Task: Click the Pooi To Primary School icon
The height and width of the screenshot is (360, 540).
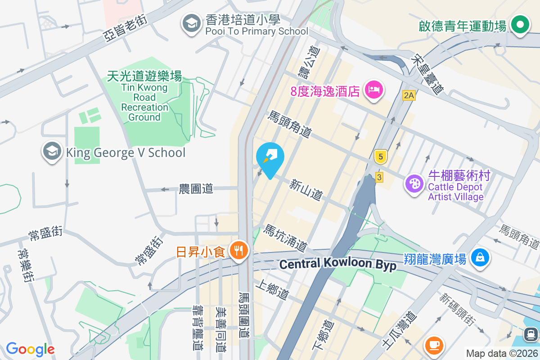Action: click(191, 24)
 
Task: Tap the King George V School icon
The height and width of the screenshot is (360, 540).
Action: click(52, 152)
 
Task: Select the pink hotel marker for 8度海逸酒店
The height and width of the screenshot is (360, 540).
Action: click(374, 90)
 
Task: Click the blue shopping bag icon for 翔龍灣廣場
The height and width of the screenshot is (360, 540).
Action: click(480, 258)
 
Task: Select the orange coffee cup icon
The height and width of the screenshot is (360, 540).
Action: click(434, 345)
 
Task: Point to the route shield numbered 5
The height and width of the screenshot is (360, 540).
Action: click(381, 157)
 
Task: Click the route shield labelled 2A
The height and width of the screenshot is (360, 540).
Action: click(408, 95)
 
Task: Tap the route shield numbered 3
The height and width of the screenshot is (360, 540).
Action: click(379, 177)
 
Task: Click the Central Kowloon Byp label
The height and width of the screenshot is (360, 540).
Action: click(337, 264)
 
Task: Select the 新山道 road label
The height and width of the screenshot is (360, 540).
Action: click(306, 189)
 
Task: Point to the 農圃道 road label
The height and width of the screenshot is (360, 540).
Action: click(196, 189)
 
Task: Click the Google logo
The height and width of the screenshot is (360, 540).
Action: click(30, 349)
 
